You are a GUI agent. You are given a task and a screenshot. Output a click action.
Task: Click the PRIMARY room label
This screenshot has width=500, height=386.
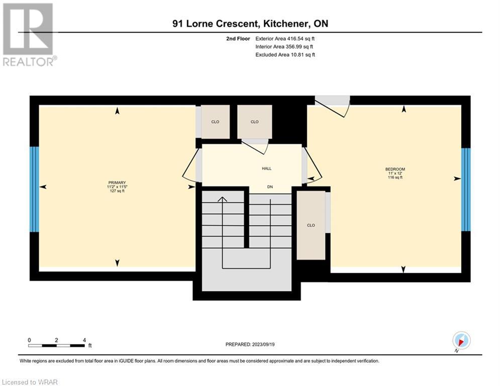pyautogui.click(x=117, y=183)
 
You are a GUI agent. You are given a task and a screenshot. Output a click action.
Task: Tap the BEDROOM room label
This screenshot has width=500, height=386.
pyautogui.click(x=395, y=169)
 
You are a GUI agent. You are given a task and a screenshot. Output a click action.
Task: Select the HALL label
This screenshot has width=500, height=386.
pyautogui.click(x=266, y=168)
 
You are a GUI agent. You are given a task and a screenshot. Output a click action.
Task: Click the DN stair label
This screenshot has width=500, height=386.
pyautogui.click(x=270, y=186)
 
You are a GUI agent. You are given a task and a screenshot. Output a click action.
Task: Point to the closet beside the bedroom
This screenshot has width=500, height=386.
pyautogui.click(x=311, y=225)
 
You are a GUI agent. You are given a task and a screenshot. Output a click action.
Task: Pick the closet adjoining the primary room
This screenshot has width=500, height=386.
pyautogui.click(x=215, y=122)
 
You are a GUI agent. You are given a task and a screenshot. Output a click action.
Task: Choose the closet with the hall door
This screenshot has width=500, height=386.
pyautogui.click(x=254, y=122)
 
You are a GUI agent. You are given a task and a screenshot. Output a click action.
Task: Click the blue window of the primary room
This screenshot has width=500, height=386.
pyautogui.click(x=35, y=189)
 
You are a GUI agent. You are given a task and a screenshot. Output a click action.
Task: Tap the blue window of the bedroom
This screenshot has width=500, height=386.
pyautogui.click(x=466, y=189)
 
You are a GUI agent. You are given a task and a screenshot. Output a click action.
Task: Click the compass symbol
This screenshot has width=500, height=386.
pyautogui.click(x=461, y=340)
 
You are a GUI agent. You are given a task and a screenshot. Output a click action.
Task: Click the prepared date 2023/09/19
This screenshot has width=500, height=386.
pyautogui.click(x=263, y=344)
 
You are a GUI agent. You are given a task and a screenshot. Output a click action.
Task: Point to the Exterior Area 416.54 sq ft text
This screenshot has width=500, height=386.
pyautogui.click(x=285, y=39)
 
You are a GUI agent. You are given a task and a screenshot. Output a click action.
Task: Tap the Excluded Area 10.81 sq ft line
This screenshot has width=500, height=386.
pyautogui.click(x=285, y=55)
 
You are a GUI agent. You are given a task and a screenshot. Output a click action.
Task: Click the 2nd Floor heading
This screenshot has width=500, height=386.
pyautogui.click(x=238, y=39)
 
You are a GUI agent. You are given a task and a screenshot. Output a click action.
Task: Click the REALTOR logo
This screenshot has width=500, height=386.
pyautogui.click(x=29, y=35)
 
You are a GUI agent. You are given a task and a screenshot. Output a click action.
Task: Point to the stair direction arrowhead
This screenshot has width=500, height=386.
pyautogui.click(x=222, y=199)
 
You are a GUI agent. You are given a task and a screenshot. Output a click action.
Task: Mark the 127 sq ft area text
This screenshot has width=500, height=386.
pyautogui.click(x=117, y=191)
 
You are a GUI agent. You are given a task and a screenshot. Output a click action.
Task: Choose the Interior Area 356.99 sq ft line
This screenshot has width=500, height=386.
pyautogui.click(x=284, y=47)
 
